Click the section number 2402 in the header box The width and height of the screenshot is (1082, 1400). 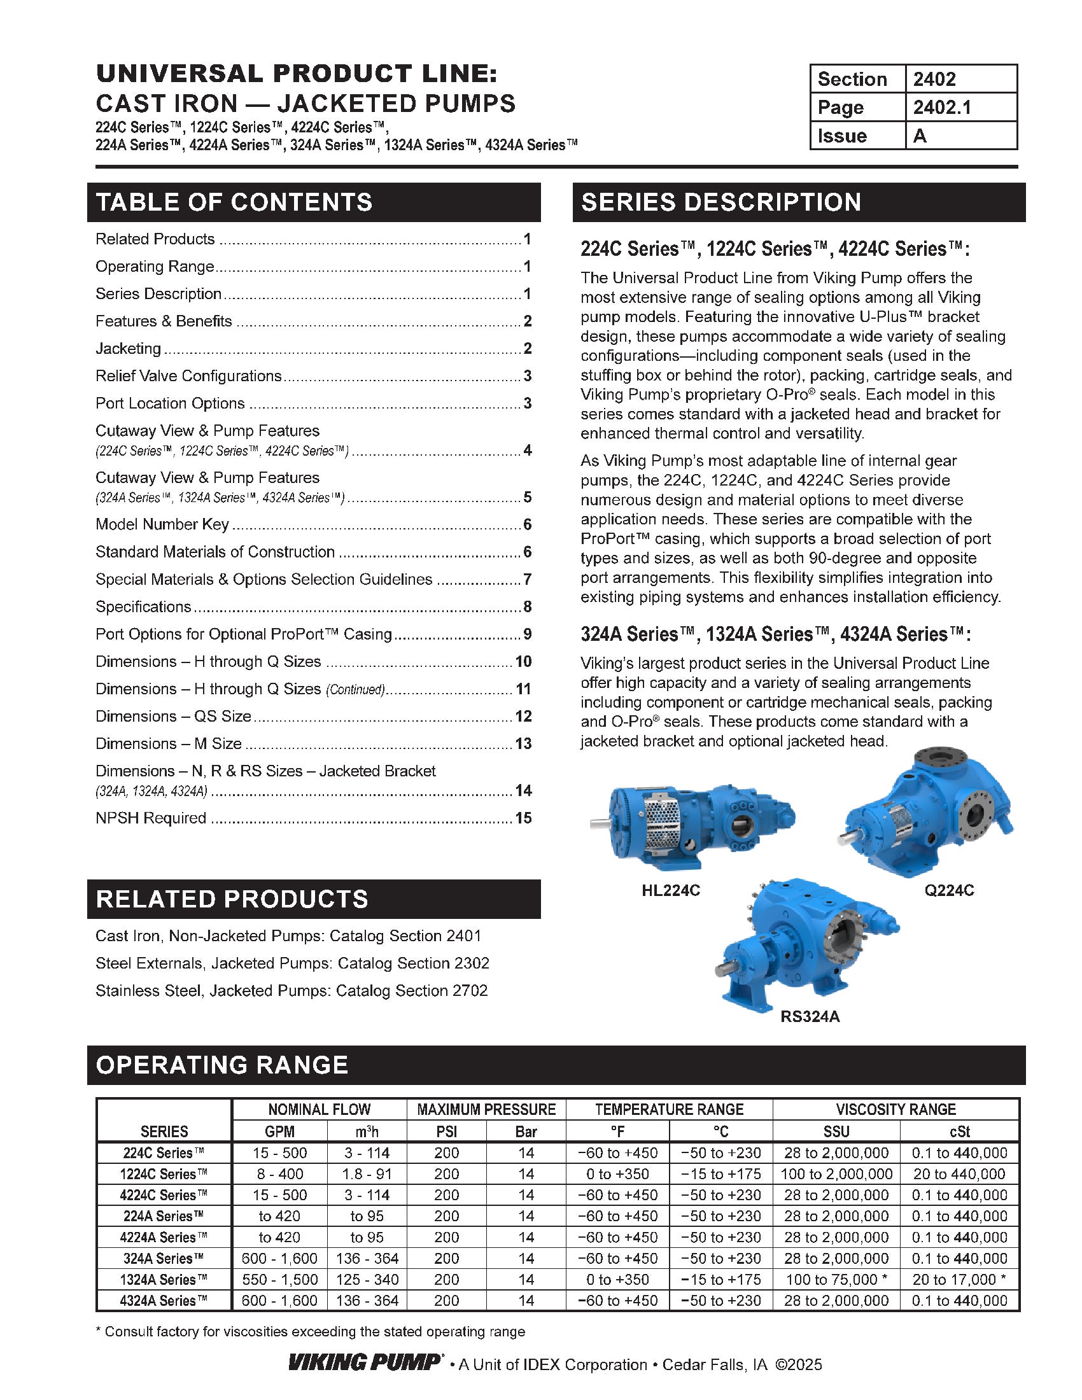pyautogui.click(x=934, y=79)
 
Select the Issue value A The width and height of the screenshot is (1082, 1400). pyautogui.click(x=920, y=136)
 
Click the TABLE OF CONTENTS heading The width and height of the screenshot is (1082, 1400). pyautogui.click(x=234, y=202)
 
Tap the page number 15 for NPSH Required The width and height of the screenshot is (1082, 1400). pyautogui.click(x=523, y=818)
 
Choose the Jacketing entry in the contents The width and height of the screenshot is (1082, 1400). pyautogui.click(x=128, y=348)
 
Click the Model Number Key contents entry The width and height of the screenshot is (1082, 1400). pyautogui.click(x=162, y=524)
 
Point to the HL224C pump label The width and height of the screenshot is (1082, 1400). pyautogui.click(x=670, y=890)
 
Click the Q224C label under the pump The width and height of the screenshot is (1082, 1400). pyautogui.click(x=949, y=890)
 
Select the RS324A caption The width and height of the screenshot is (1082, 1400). pyautogui.click(x=810, y=1016)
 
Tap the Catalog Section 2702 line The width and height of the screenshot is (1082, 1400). pyautogui.click(x=292, y=990)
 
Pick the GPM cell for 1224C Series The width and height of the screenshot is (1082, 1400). pyautogui.click(x=279, y=1173)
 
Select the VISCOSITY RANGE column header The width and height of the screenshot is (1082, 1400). pyautogui.click(x=896, y=1109)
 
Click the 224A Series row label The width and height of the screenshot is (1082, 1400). pyautogui.click(x=164, y=1216)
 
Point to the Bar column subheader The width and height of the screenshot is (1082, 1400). pyautogui.click(x=526, y=1131)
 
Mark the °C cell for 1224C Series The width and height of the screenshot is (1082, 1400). pyautogui.click(x=720, y=1173)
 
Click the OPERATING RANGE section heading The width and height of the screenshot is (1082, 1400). pyautogui.click(x=221, y=1065)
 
